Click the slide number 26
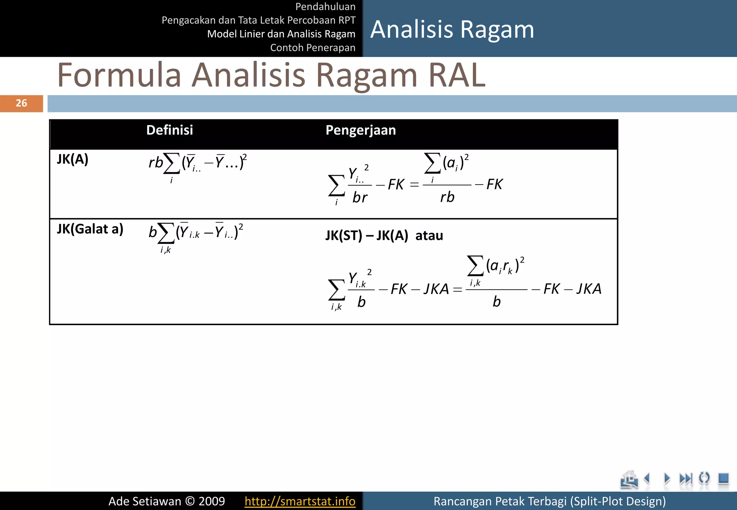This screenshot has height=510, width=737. (x=21, y=103)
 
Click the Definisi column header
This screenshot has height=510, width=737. (x=169, y=130)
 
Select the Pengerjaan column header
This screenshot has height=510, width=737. (x=361, y=130)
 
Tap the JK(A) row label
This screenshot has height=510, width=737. (x=73, y=159)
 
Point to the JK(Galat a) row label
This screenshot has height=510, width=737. (x=90, y=229)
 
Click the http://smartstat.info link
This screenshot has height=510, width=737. (x=300, y=501)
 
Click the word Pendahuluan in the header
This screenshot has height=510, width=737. (x=325, y=6)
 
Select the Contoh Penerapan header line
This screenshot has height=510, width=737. (x=313, y=47)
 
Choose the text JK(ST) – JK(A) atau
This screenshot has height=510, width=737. (x=384, y=236)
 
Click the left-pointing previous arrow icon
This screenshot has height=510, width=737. (x=647, y=478)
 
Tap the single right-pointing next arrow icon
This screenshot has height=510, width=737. (x=667, y=478)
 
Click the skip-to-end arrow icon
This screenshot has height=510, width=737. (x=686, y=478)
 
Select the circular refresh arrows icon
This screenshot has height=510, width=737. (x=704, y=478)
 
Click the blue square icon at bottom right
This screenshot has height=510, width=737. (x=723, y=478)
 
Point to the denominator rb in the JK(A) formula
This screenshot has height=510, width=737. (x=447, y=197)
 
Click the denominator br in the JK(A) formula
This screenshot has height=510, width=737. (x=360, y=197)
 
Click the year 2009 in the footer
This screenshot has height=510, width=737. (x=212, y=501)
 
